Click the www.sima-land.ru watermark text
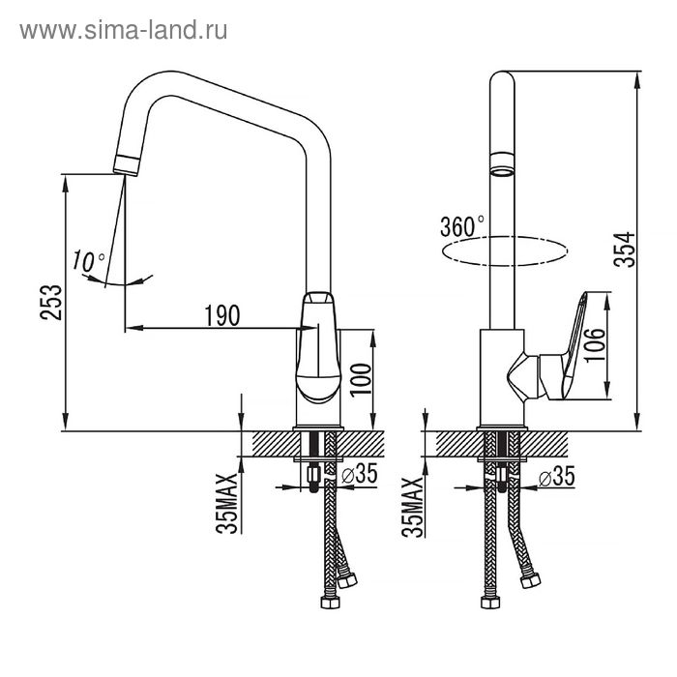click(x=124, y=30)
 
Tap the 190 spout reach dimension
click(x=222, y=315)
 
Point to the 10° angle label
click(x=89, y=260)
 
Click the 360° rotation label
click(x=461, y=226)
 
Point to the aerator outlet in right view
click(x=501, y=163)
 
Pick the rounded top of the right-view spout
click(x=501, y=81)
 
